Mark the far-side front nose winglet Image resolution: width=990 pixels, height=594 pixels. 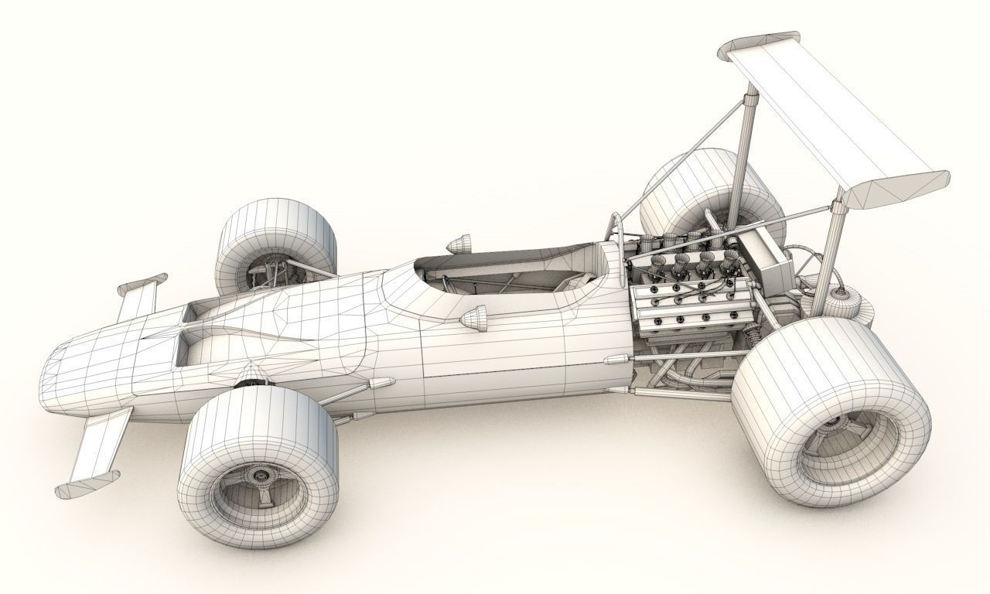click(x=139, y=294)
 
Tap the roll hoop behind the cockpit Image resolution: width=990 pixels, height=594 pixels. click(x=615, y=232)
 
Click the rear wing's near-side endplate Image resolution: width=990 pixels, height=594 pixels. click(x=897, y=189)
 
